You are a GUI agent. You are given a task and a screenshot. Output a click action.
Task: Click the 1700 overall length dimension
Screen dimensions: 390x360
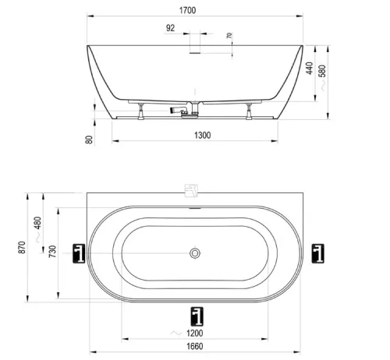[187, 10]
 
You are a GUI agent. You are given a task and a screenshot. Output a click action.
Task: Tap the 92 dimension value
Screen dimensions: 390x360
[170, 28]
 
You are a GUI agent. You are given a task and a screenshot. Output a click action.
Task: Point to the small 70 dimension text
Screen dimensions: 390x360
[229, 36]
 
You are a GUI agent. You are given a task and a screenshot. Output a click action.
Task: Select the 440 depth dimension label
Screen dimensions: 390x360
[310, 68]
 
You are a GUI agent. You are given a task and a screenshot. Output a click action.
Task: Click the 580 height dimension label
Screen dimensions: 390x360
[322, 71]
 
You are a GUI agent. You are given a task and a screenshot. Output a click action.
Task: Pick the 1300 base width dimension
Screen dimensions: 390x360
[203, 136]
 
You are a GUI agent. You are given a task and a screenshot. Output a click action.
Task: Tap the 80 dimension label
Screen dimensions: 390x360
[89, 139]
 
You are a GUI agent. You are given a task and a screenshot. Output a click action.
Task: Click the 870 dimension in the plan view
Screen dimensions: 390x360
[23, 247]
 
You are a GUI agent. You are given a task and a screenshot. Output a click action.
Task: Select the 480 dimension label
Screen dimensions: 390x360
[38, 223]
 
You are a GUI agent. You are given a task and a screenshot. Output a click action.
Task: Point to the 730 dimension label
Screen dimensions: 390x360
[52, 251]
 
